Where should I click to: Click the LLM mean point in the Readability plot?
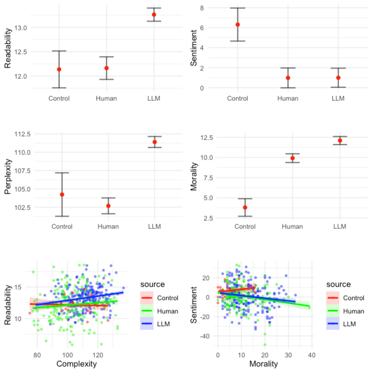[154, 15]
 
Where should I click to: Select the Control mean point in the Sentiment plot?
[238, 24]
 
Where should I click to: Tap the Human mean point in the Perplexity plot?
[108, 206]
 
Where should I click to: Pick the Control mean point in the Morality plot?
[245, 207]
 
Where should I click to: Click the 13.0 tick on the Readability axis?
[21, 28]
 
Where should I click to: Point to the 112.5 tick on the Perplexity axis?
[22, 134]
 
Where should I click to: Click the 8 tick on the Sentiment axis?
[202, 8]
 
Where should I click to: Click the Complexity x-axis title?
[76, 364]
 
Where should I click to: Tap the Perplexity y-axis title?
[8, 177]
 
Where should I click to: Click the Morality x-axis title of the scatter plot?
[263, 364]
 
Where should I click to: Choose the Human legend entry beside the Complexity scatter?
[167, 311]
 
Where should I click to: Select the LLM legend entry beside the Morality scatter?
[349, 324]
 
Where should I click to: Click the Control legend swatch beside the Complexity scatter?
[147, 298]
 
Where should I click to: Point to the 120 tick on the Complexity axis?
[98, 355]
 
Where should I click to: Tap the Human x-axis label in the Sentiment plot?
[288, 98]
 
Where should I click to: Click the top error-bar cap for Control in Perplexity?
[62, 173]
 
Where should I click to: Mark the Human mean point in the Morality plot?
[293, 158]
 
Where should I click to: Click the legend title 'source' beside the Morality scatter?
[338, 284]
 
